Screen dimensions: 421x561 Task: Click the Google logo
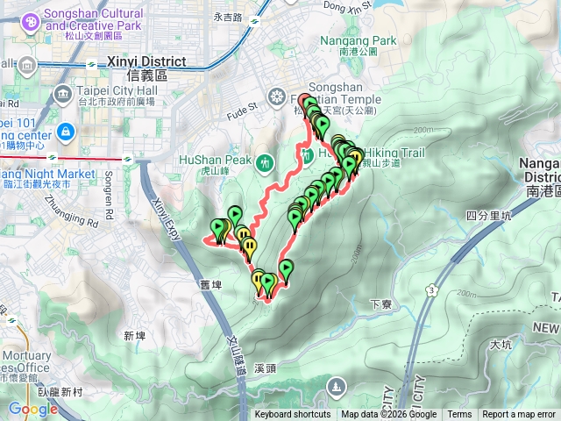click(x=32, y=409)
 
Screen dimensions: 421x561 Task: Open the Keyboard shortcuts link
click(x=293, y=415)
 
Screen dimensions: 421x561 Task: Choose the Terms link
click(x=459, y=415)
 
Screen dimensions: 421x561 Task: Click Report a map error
click(x=518, y=415)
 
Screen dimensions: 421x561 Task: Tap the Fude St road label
click(x=243, y=109)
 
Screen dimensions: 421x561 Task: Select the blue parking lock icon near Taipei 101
click(x=65, y=132)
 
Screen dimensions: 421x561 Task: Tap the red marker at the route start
click(x=305, y=101)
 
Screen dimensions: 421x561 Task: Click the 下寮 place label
click(x=379, y=304)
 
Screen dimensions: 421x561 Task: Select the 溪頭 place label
click(x=266, y=369)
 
